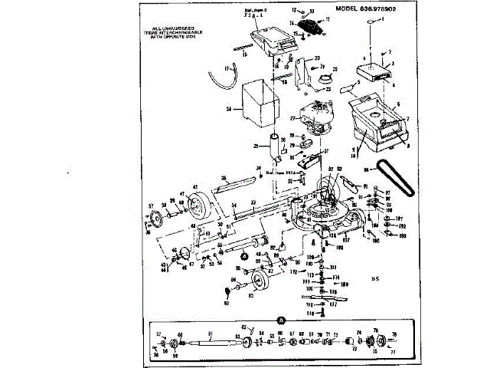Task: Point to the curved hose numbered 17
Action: click(220, 77)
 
